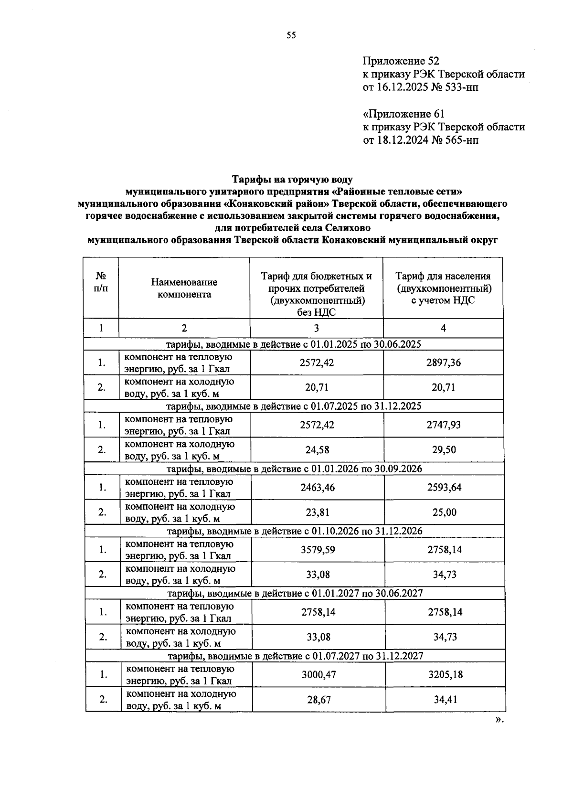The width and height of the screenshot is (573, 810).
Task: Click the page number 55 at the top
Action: click(291, 35)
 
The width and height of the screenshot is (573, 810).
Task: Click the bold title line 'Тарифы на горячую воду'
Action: click(292, 180)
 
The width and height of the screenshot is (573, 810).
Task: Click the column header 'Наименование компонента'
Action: click(184, 288)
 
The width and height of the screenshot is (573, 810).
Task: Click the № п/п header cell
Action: click(101, 282)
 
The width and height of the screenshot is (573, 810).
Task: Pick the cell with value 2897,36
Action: click(444, 362)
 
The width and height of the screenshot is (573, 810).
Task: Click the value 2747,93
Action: click(444, 425)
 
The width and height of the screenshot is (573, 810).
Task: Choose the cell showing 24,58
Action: click(317, 450)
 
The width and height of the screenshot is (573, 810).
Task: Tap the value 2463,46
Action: click(318, 488)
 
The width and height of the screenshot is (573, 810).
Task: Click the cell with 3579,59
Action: click(318, 550)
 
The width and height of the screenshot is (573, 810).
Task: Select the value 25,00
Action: click(445, 512)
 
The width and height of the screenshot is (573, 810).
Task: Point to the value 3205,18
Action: click(446, 675)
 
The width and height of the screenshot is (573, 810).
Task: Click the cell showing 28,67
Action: click(319, 700)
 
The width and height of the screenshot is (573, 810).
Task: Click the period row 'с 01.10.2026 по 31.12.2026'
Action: click(295, 531)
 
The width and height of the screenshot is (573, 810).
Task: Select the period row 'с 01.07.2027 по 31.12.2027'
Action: click(295, 656)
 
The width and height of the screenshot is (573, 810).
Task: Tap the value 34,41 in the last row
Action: click(446, 700)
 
